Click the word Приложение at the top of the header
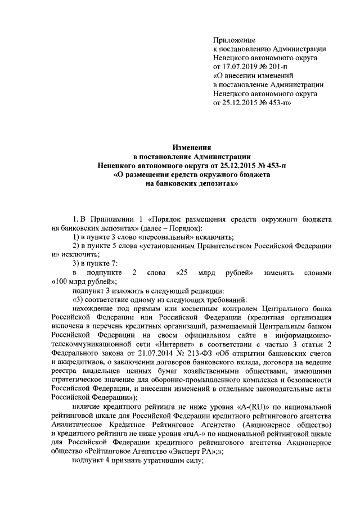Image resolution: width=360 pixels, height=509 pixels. tap(235, 40)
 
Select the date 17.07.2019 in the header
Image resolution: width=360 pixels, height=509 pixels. tap(244, 66)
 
